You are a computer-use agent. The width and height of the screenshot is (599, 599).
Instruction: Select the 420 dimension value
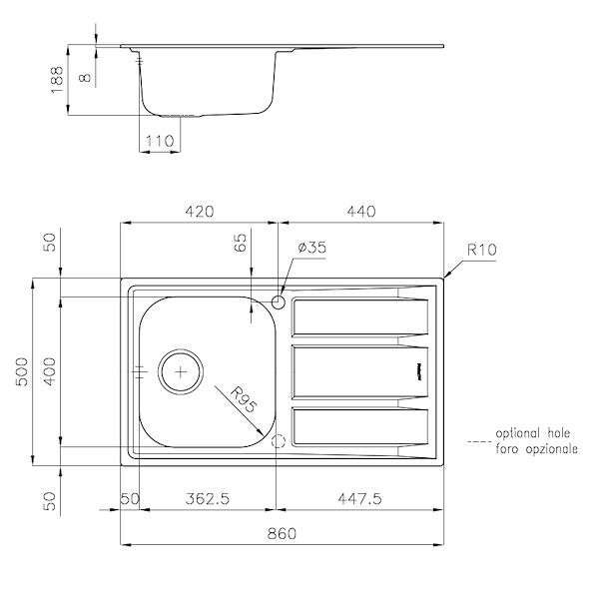tap(200, 212)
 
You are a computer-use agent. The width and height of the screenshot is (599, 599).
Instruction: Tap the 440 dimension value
tap(360, 212)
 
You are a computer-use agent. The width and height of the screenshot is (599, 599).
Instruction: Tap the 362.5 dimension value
tap(207, 498)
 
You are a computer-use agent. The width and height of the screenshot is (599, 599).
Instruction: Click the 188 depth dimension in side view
tap(58, 77)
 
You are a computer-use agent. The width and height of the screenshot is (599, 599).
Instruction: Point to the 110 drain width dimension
tap(160, 142)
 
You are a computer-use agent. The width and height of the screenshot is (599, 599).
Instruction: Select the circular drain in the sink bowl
tap(181, 370)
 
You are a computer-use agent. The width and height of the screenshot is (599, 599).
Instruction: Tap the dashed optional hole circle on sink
tap(279, 440)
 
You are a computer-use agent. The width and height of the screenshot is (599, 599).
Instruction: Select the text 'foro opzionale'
tap(534, 450)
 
